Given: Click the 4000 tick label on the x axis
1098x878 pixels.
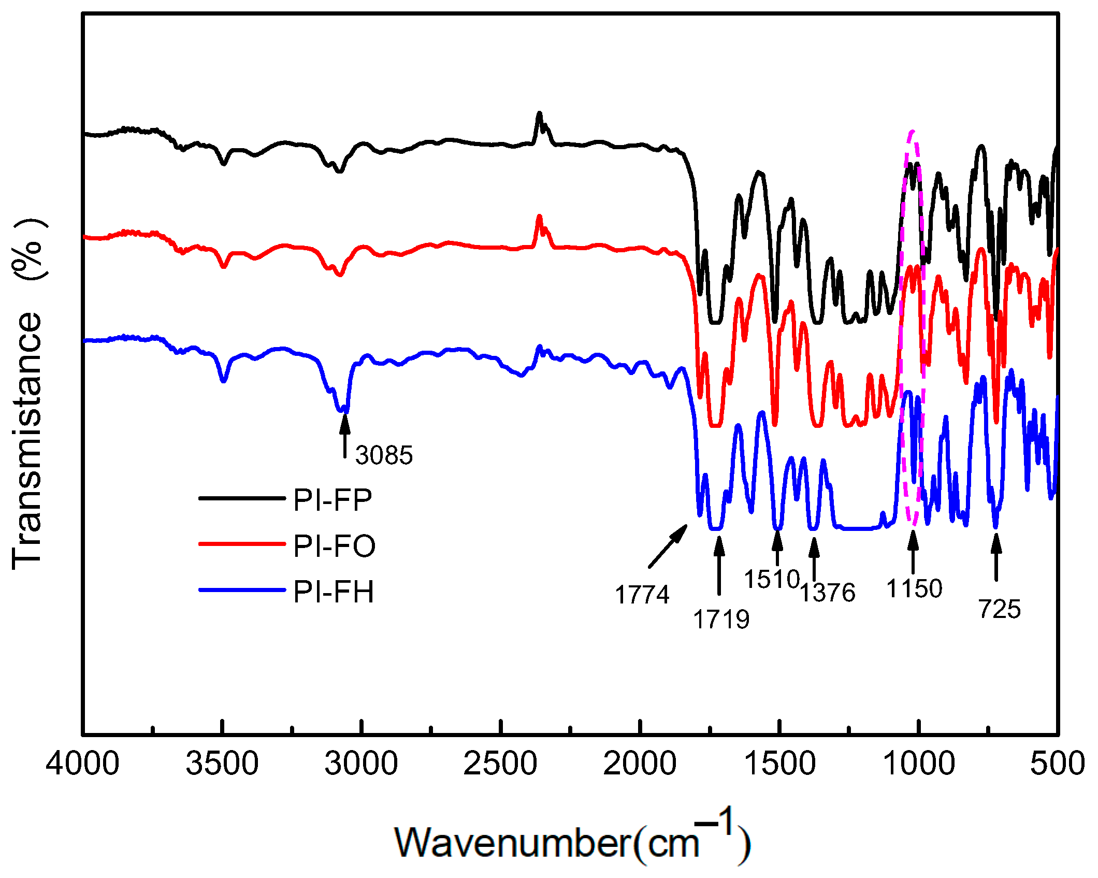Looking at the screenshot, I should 83,764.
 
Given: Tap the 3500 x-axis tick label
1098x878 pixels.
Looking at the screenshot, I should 222,764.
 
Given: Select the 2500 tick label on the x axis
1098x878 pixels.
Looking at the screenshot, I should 500,764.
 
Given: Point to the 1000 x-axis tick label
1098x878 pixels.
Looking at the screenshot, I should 919,764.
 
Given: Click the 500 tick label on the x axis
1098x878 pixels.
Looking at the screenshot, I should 1057,764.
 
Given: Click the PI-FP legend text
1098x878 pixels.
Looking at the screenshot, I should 333,500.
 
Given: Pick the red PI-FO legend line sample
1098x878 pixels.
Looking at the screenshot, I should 242,544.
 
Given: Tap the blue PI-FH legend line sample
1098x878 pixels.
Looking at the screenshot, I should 242,589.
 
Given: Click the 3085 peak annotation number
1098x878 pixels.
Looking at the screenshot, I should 384,455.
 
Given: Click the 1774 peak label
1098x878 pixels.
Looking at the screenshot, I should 642,594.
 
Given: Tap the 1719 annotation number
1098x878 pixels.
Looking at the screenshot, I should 721,619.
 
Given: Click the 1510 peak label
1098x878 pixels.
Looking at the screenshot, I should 772,579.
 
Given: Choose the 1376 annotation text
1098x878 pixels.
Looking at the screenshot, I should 828,593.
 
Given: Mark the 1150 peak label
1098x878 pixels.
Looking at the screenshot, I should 914,589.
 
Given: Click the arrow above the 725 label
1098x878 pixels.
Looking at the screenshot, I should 995,557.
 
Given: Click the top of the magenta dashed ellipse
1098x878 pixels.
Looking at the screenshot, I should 913,131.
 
